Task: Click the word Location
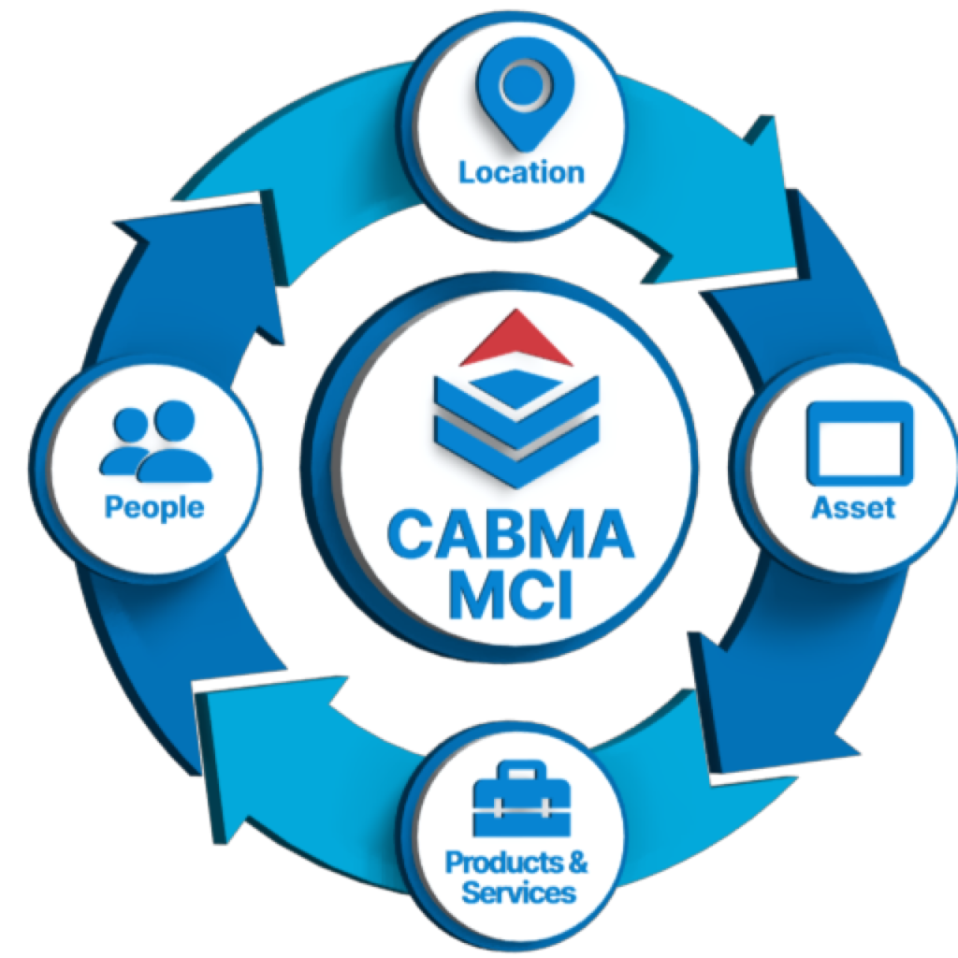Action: click(x=521, y=172)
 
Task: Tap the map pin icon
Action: click(x=521, y=98)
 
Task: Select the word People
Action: click(x=153, y=507)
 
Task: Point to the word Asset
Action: click(x=852, y=507)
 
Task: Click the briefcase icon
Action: click(x=521, y=801)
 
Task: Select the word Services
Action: click(x=518, y=892)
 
